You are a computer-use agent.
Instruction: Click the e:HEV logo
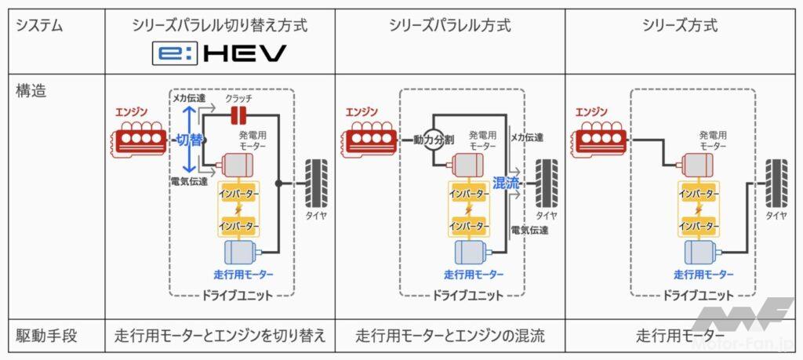click(x=220, y=54)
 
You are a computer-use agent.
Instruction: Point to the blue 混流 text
click(x=507, y=184)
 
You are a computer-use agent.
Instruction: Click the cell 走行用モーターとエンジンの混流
click(x=450, y=336)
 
